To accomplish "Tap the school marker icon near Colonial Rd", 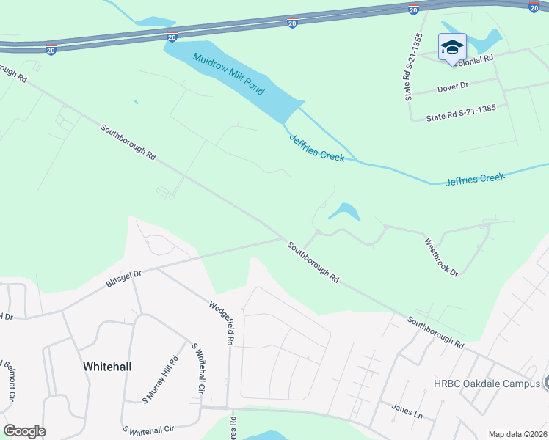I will (452, 48).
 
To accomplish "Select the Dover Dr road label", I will (452, 87).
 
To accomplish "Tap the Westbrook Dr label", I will (441, 256).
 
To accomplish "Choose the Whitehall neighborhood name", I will (107, 366).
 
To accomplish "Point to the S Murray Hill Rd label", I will (161, 379).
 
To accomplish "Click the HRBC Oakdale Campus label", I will (486, 384).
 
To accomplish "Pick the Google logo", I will (24, 431).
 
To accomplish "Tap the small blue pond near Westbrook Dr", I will (343, 213).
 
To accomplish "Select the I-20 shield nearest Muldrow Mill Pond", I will (171, 36).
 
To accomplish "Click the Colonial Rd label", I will (473, 60).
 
